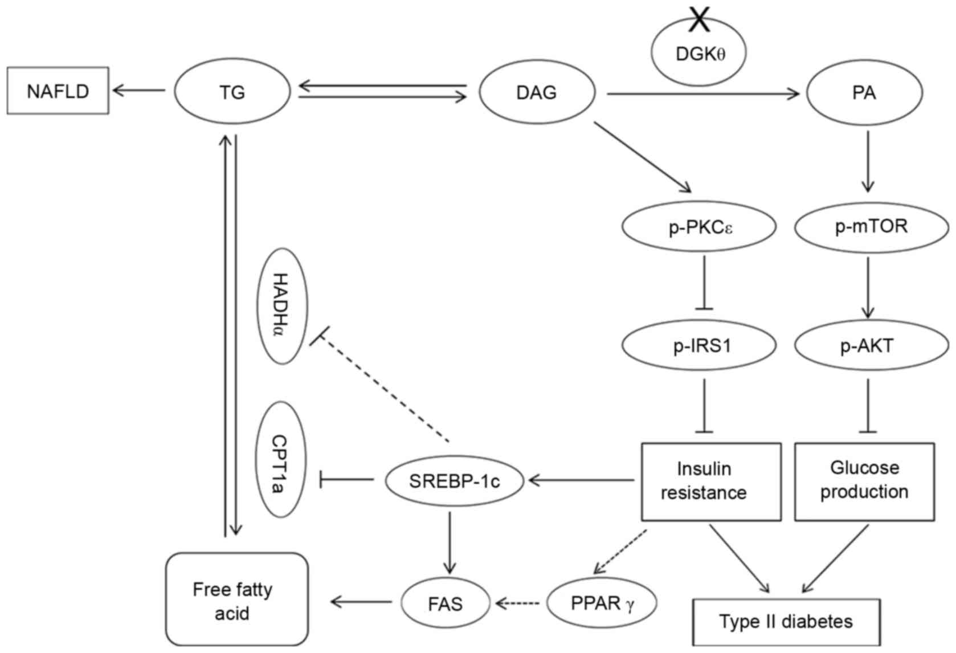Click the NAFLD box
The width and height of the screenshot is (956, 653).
[58, 91]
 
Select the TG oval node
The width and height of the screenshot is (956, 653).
[232, 92]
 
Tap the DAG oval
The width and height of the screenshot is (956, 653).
[537, 92]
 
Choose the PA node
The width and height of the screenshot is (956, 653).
[864, 92]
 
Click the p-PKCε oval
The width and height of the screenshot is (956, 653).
[699, 227]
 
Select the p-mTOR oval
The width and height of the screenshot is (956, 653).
[871, 227]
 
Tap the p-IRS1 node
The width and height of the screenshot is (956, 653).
[699, 345]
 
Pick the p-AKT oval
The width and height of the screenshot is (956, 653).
[871, 345]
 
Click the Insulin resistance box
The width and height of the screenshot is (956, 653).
[711, 481]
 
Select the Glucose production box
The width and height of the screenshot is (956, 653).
[864, 481]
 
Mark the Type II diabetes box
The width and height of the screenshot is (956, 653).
[786, 622]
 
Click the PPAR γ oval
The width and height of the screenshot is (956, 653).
[602, 603]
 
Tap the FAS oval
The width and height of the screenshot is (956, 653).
[446, 603]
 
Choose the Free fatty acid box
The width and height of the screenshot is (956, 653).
[237, 599]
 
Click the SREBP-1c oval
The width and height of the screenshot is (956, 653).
[454, 481]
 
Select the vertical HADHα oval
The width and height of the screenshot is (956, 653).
[283, 306]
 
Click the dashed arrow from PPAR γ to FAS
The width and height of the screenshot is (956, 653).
[518, 603]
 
